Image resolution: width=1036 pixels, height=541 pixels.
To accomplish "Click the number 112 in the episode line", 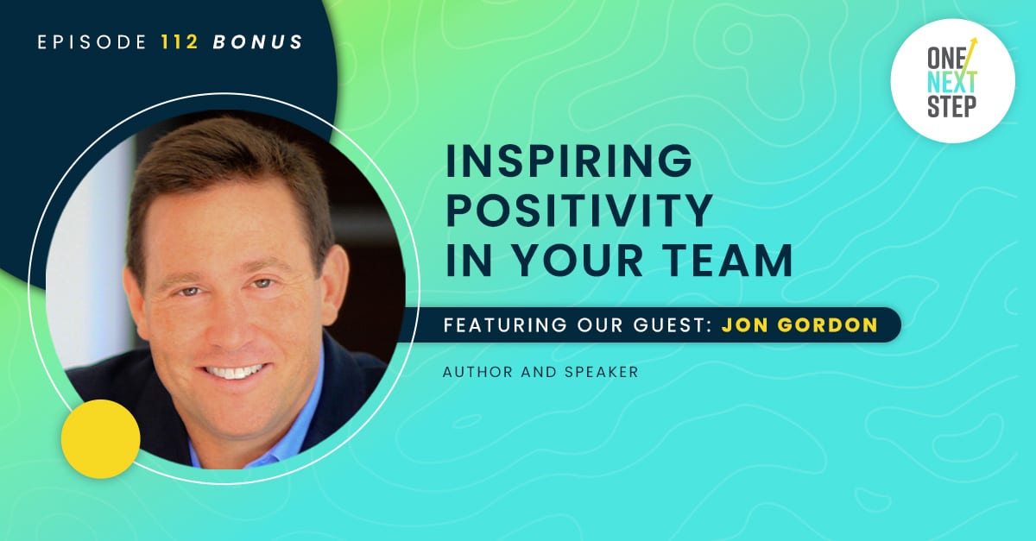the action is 180,42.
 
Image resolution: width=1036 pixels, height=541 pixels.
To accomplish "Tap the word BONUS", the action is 257,42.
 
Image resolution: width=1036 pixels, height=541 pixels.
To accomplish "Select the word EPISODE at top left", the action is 92,42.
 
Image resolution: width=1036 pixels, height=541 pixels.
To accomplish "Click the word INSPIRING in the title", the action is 569,160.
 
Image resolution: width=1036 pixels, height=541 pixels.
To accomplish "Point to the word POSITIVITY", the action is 579,211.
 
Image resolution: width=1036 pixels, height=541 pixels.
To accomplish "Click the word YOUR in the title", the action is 578,261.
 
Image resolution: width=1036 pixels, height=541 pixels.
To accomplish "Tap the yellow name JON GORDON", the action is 799,324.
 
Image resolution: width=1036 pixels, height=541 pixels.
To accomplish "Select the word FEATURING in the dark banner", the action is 505,324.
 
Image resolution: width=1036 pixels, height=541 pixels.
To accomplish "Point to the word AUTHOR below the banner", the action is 477,372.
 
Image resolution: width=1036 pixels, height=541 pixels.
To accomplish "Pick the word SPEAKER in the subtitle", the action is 602,372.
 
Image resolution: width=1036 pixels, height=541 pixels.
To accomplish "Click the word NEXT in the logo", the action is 951,82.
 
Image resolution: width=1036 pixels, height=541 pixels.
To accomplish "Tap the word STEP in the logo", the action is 951,106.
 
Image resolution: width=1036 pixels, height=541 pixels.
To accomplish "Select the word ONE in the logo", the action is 946,59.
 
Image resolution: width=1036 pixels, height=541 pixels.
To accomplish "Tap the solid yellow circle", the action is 101,439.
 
